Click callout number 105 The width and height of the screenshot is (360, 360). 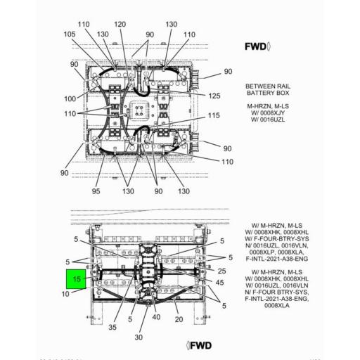point(70,34)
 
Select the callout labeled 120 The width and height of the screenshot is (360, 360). point(120,25)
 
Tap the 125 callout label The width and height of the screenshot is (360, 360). point(214,96)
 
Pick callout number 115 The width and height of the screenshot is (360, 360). point(214,115)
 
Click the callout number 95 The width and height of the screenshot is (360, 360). point(96,191)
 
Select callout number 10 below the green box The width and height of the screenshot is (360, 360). point(65,293)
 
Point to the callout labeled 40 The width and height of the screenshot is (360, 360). point(155,316)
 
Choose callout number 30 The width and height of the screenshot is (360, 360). point(138,336)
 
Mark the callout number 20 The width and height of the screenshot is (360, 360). point(179,319)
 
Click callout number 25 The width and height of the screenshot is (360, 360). point(221,271)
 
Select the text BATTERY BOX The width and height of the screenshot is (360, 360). point(265,93)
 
